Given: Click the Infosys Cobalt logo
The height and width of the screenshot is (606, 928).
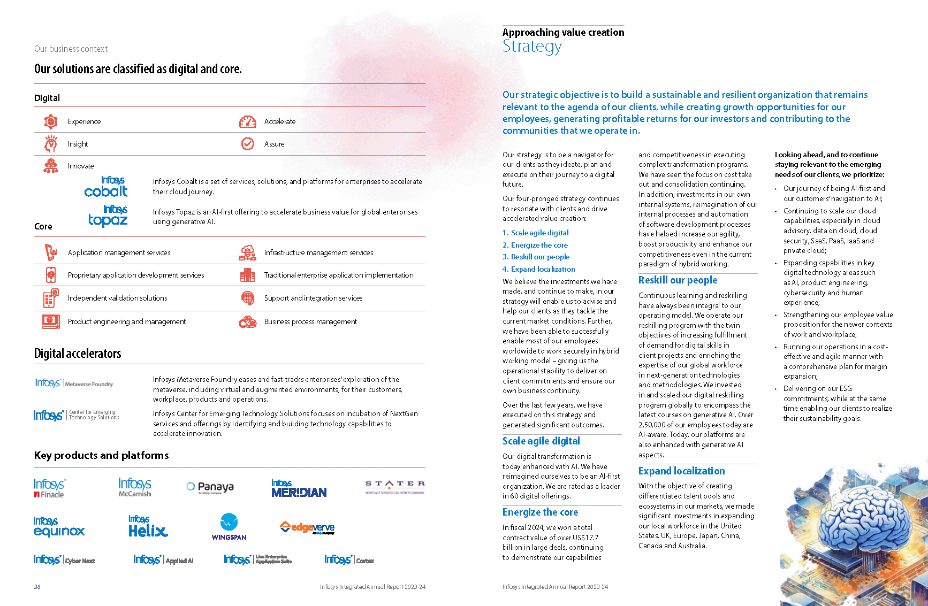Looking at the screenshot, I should click(x=107, y=187).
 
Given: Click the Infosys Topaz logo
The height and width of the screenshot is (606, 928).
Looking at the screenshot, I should click(x=108, y=216).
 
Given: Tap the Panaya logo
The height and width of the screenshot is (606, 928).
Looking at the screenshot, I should click(x=210, y=487).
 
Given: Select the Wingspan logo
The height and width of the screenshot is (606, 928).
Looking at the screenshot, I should click(x=229, y=527).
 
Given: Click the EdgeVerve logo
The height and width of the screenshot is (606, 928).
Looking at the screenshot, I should click(x=307, y=528).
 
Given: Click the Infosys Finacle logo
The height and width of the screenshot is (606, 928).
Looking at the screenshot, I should click(x=49, y=488).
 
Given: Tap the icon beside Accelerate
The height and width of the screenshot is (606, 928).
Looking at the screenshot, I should click(x=247, y=122).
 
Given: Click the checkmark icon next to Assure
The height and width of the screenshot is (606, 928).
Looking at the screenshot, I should click(x=248, y=144).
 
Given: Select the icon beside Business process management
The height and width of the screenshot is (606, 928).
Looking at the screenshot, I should click(x=247, y=322).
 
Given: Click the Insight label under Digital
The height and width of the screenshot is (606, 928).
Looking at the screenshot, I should click(x=78, y=144).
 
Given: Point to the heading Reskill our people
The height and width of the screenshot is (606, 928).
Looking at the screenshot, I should click(x=678, y=280).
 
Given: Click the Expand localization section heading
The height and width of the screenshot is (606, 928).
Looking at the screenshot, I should click(x=681, y=471).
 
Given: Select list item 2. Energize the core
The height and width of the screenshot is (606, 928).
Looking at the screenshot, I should click(x=535, y=245).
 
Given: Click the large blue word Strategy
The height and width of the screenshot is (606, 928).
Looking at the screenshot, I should click(x=532, y=47).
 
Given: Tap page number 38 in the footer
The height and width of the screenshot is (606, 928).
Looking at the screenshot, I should click(x=37, y=587).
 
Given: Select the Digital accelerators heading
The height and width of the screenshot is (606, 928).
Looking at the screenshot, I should click(x=78, y=354).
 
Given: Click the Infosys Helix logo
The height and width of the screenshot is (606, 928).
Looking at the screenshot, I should click(x=148, y=527).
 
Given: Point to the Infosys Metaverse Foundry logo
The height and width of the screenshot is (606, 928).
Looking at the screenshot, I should click(x=74, y=383).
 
